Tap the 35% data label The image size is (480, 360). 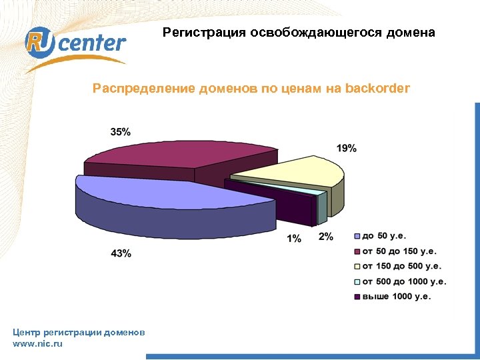(x=121, y=132)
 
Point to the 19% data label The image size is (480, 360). (x=346, y=148)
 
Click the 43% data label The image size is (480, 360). (x=121, y=253)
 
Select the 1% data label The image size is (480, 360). (x=294, y=239)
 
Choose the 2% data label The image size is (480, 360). (x=326, y=237)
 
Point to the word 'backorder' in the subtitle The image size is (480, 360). (x=378, y=88)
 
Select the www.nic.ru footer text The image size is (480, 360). (x=37, y=343)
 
